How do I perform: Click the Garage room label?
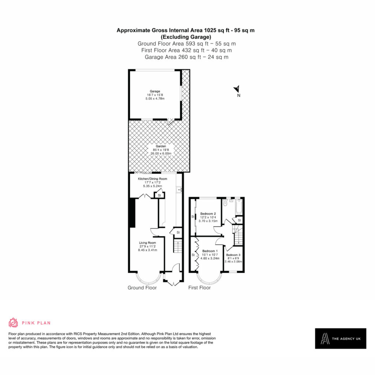155,91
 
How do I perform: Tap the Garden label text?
161,146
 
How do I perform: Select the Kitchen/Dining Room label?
152,179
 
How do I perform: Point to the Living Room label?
147,243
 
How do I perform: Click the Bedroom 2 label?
208,214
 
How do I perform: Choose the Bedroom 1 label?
210,251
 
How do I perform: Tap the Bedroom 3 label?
233,255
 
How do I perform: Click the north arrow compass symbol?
237,89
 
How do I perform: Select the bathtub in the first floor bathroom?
239,207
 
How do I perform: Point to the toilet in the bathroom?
224,203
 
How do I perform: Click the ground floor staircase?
178,246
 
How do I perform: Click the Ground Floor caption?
142,288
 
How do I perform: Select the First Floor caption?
200,288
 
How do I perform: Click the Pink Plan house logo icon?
13,323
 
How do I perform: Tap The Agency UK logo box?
341,338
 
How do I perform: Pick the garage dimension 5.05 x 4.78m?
155,99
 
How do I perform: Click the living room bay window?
148,279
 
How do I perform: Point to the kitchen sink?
179,190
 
